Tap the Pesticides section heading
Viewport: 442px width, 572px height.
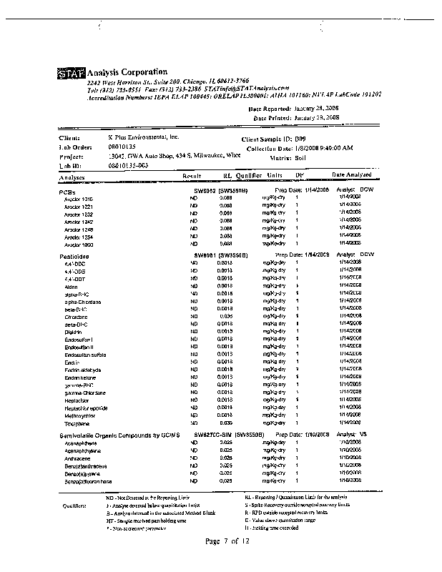coord(74,255)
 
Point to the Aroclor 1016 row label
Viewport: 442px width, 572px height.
coord(79,199)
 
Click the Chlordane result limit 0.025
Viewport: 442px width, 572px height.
coord(226,315)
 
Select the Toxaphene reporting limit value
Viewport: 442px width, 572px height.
coord(226,423)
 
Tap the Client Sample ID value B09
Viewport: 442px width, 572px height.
coord(300,138)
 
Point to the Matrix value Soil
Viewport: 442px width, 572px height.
coord(300,156)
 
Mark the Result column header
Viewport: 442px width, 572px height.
coord(192,174)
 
